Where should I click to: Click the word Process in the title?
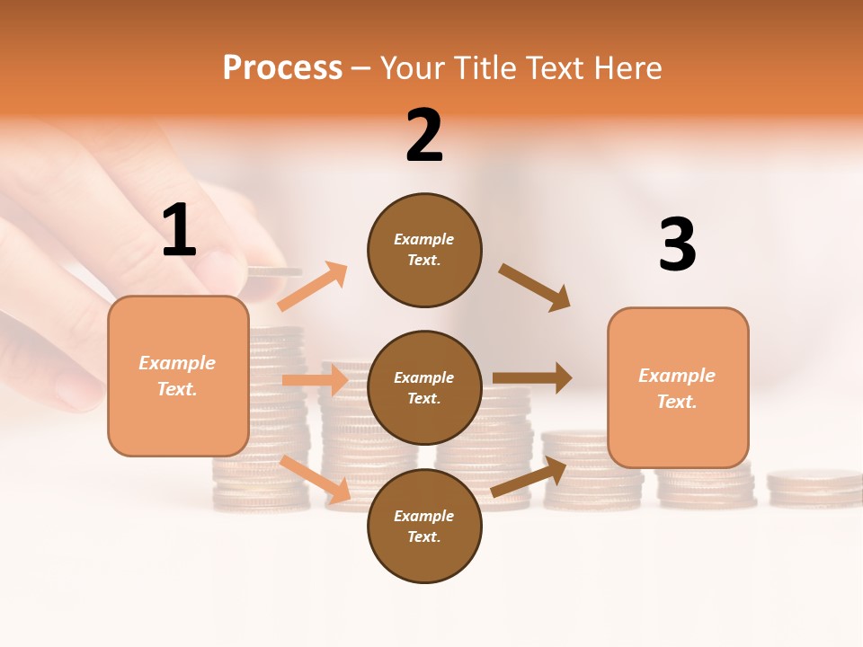282,68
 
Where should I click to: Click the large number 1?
179,231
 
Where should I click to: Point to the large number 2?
424,136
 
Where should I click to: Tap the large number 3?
677,245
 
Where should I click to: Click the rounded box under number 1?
178,376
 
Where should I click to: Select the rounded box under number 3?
678,388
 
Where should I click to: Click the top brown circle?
424,250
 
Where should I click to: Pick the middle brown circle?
424,388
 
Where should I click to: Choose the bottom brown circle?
424,527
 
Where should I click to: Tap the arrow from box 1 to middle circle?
315,380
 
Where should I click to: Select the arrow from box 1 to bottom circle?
316,480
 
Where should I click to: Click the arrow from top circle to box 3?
534,287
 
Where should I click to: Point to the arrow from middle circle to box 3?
531,378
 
